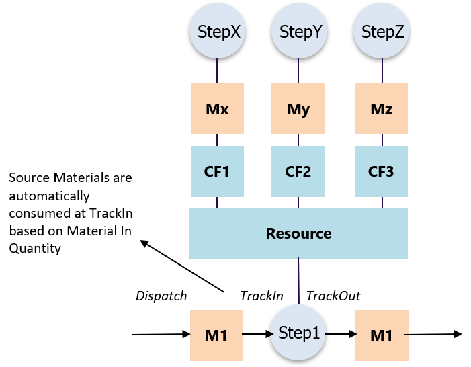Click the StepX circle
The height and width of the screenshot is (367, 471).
click(217, 32)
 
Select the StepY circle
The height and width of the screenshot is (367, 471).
click(299, 32)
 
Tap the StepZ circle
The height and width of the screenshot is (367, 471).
click(382, 32)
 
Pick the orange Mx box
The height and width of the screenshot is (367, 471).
click(217, 109)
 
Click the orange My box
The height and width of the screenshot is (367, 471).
click(299, 109)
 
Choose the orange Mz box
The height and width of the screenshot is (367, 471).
click(382, 109)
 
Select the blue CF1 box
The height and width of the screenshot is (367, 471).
click(217, 171)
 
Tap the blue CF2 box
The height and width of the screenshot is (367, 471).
click(299, 171)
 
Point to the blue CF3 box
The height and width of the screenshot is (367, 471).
click(382, 171)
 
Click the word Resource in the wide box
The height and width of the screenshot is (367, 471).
click(299, 234)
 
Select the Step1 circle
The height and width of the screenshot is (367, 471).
click(299, 333)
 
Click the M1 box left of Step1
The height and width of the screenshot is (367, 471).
click(217, 335)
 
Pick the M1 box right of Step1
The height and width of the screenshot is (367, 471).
click(382, 335)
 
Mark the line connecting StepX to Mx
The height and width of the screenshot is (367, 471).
click(217, 71)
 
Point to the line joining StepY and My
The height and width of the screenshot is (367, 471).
click(299, 71)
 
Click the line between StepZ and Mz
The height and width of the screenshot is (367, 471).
click(382, 71)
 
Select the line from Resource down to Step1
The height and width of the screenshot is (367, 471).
click(299, 282)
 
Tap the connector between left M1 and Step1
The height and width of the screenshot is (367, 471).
click(257, 334)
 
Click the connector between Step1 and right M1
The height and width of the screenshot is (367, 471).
click(341, 334)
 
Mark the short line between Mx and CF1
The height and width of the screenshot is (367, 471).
click(217, 140)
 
